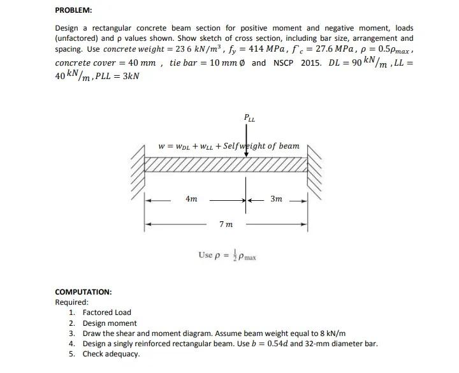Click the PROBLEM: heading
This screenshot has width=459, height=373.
coord(73,10)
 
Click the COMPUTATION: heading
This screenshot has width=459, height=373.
coord(84,292)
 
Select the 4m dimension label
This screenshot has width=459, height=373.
coord(191,199)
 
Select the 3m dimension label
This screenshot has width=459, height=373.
coord(276,199)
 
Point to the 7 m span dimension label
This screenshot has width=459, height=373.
coord(226,224)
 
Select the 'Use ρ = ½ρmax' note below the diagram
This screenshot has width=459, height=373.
coord(227,255)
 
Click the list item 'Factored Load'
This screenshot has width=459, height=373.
coord(106,312)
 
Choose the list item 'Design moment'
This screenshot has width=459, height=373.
coord(108,323)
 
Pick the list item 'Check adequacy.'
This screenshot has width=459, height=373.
coord(110,353)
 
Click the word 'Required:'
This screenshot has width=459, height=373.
coord(72,302)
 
